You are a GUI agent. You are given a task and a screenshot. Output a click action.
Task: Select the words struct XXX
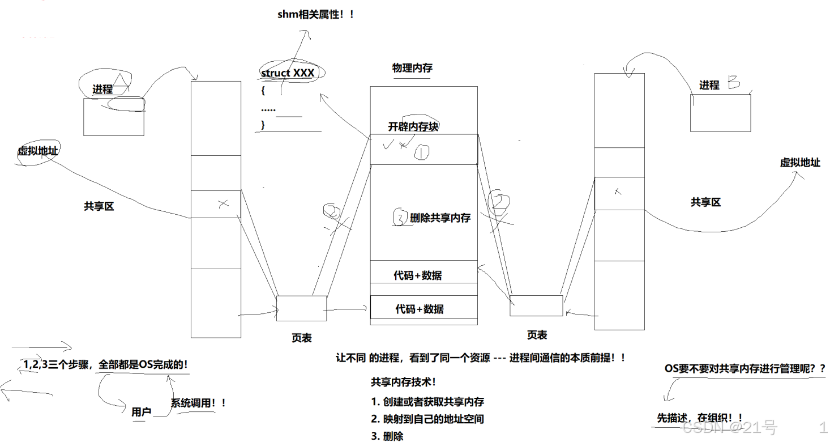[x=287, y=73]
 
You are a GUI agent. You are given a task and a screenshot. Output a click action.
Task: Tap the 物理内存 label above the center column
[x=412, y=68]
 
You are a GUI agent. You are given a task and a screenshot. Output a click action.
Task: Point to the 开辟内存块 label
[x=413, y=127]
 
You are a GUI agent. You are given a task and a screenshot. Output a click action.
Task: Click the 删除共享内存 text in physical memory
[x=440, y=218]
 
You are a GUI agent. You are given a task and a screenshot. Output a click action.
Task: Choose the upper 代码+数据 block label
[x=418, y=276]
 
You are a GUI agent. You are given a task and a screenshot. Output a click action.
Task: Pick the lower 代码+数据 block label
[x=419, y=309]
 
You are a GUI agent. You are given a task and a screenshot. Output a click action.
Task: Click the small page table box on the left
[x=301, y=308]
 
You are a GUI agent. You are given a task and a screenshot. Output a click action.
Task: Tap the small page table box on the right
[x=536, y=305]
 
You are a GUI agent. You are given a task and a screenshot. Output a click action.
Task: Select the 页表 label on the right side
[x=537, y=335]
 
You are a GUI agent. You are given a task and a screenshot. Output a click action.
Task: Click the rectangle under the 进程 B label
[x=720, y=112]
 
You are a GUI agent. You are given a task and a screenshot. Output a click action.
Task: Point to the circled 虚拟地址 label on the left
[x=38, y=151]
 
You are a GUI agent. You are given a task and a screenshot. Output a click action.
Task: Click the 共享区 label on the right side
[x=705, y=202]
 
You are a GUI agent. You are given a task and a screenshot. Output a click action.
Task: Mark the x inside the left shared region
[x=223, y=203]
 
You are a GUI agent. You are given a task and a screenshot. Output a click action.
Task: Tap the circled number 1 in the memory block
[x=422, y=151]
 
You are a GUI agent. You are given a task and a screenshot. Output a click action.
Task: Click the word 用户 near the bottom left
[x=141, y=412]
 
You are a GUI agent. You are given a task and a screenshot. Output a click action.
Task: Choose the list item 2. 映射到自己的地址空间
[x=427, y=419]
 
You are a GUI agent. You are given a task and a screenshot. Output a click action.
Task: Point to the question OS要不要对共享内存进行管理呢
[x=745, y=369]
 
